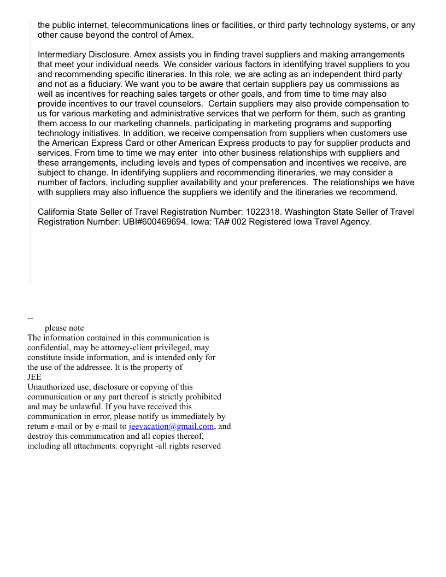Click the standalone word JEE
34,377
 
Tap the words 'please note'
64,328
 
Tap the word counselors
178,104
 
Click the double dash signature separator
31,318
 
